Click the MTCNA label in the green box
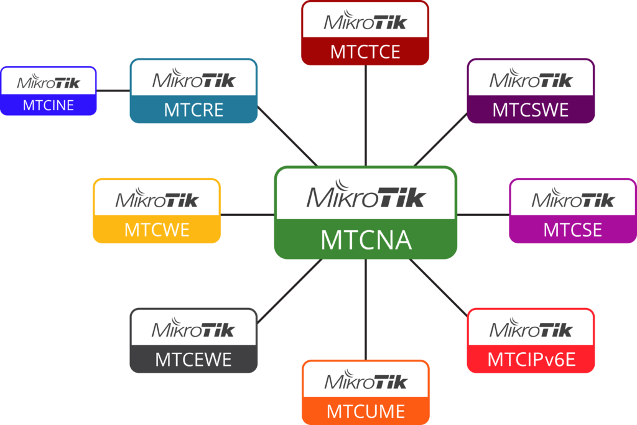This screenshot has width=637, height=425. [x=366, y=240]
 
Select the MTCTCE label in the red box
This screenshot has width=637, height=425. [x=365, y=52]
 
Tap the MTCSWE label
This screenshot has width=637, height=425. [x=531, y=110]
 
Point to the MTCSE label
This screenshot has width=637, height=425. [x=572, y=230]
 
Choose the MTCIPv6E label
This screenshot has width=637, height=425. [x=531, y=360]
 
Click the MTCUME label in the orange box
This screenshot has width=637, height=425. [x=366, y=411]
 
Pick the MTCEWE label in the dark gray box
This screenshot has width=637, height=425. [x=193, y=360]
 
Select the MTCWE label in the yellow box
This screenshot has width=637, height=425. [x=157, y=230]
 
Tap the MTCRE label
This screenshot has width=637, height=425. [x=193, y=110]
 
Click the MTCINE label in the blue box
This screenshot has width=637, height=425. [x=49, y=105]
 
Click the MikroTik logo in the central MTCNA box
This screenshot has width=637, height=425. [x=366, y=195]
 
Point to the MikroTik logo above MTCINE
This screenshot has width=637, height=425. [x=49, y=82]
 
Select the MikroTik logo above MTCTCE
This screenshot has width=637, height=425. [x=365, y=22]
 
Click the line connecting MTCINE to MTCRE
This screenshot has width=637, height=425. [x=113, y=90]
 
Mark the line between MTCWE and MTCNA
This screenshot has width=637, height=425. [x=248, y=215]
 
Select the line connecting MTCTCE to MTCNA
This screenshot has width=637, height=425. [x=366, y=115]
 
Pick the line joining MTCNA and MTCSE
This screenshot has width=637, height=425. [x=483, y=215]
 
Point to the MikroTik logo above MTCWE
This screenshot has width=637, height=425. [x=157, y=198]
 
